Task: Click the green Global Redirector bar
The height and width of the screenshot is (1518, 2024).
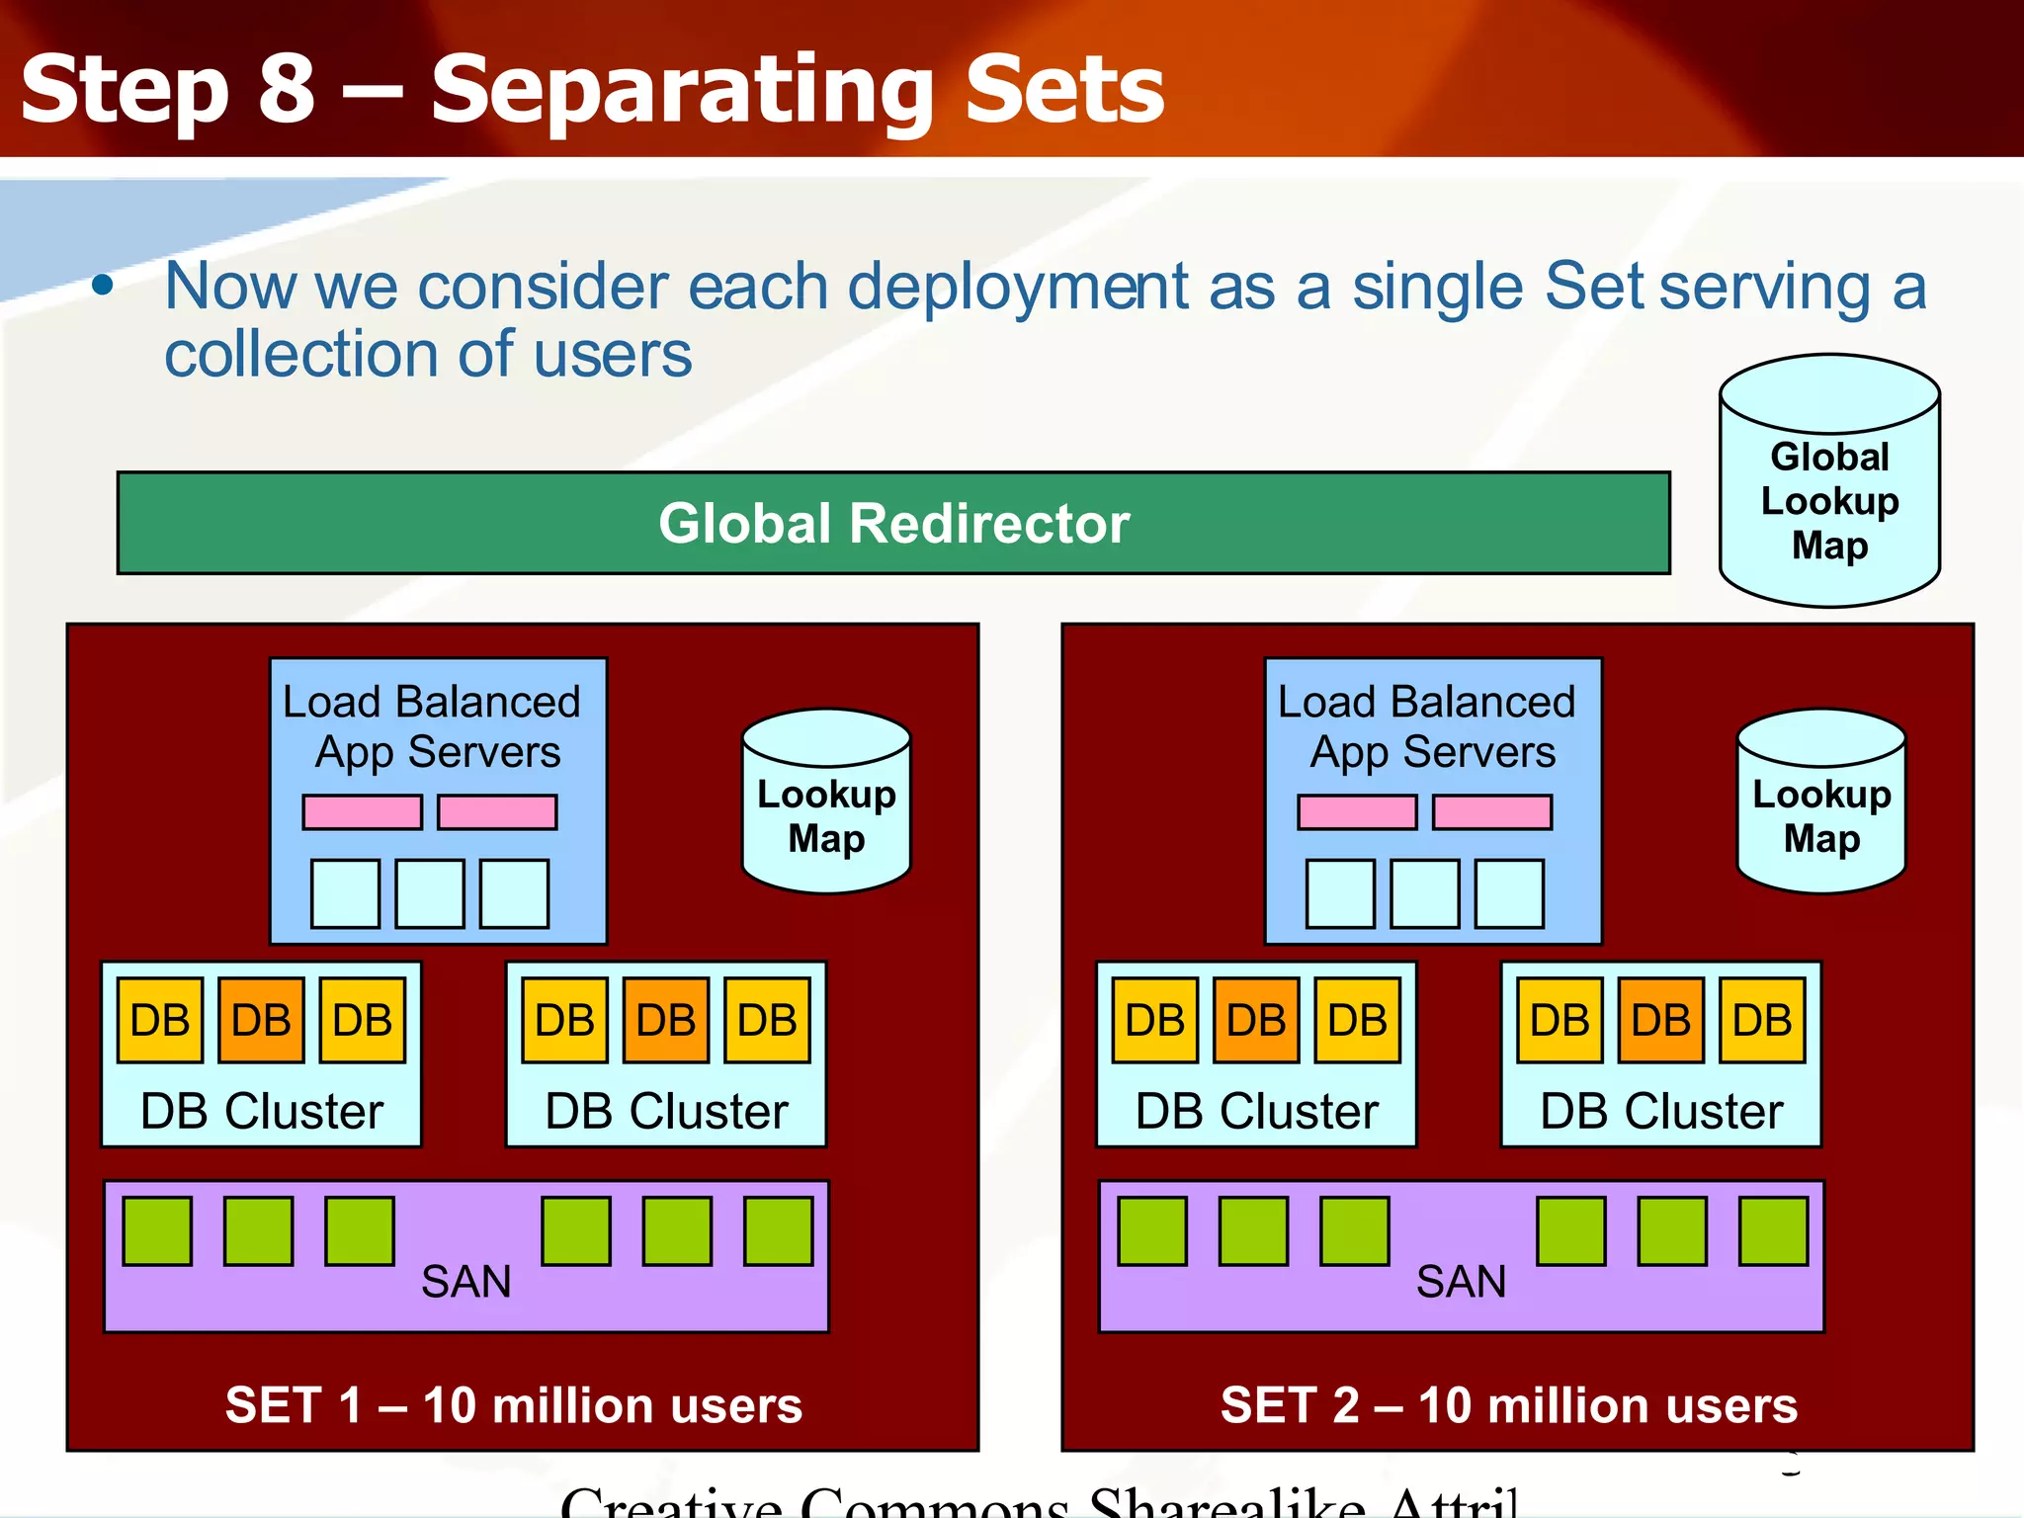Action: coord(893,523)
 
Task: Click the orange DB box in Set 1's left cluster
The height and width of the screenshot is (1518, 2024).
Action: coord(261,1020)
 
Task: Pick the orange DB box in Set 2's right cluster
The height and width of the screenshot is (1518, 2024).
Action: coord(1660,1020)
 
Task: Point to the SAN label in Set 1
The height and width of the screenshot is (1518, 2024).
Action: coord(465,1282)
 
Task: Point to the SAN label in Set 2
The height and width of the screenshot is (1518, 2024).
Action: coord(1461,1282)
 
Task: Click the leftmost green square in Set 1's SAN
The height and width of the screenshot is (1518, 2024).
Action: coord(157,1231)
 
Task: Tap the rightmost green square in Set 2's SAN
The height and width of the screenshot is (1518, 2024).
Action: coord(1774,1231)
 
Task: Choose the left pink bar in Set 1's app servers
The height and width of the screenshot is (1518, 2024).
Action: coord(363,812)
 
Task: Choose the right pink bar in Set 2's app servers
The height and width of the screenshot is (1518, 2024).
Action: coord(1492,812)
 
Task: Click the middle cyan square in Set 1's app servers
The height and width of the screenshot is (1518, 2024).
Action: coord(430,893)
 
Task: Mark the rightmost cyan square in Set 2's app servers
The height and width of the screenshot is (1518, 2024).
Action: coord(1509,893)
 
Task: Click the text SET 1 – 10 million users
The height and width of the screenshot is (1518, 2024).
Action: coord(514,1405)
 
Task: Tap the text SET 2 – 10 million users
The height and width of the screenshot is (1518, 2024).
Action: coord(1509,1405)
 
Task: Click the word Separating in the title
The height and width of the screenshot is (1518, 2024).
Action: coord(682,91)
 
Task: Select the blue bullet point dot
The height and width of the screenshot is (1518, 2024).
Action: coord(103,286)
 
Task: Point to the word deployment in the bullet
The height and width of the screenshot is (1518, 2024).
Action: coord(1017,288)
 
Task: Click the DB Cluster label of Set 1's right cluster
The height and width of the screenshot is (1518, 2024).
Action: coord(666,1112)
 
